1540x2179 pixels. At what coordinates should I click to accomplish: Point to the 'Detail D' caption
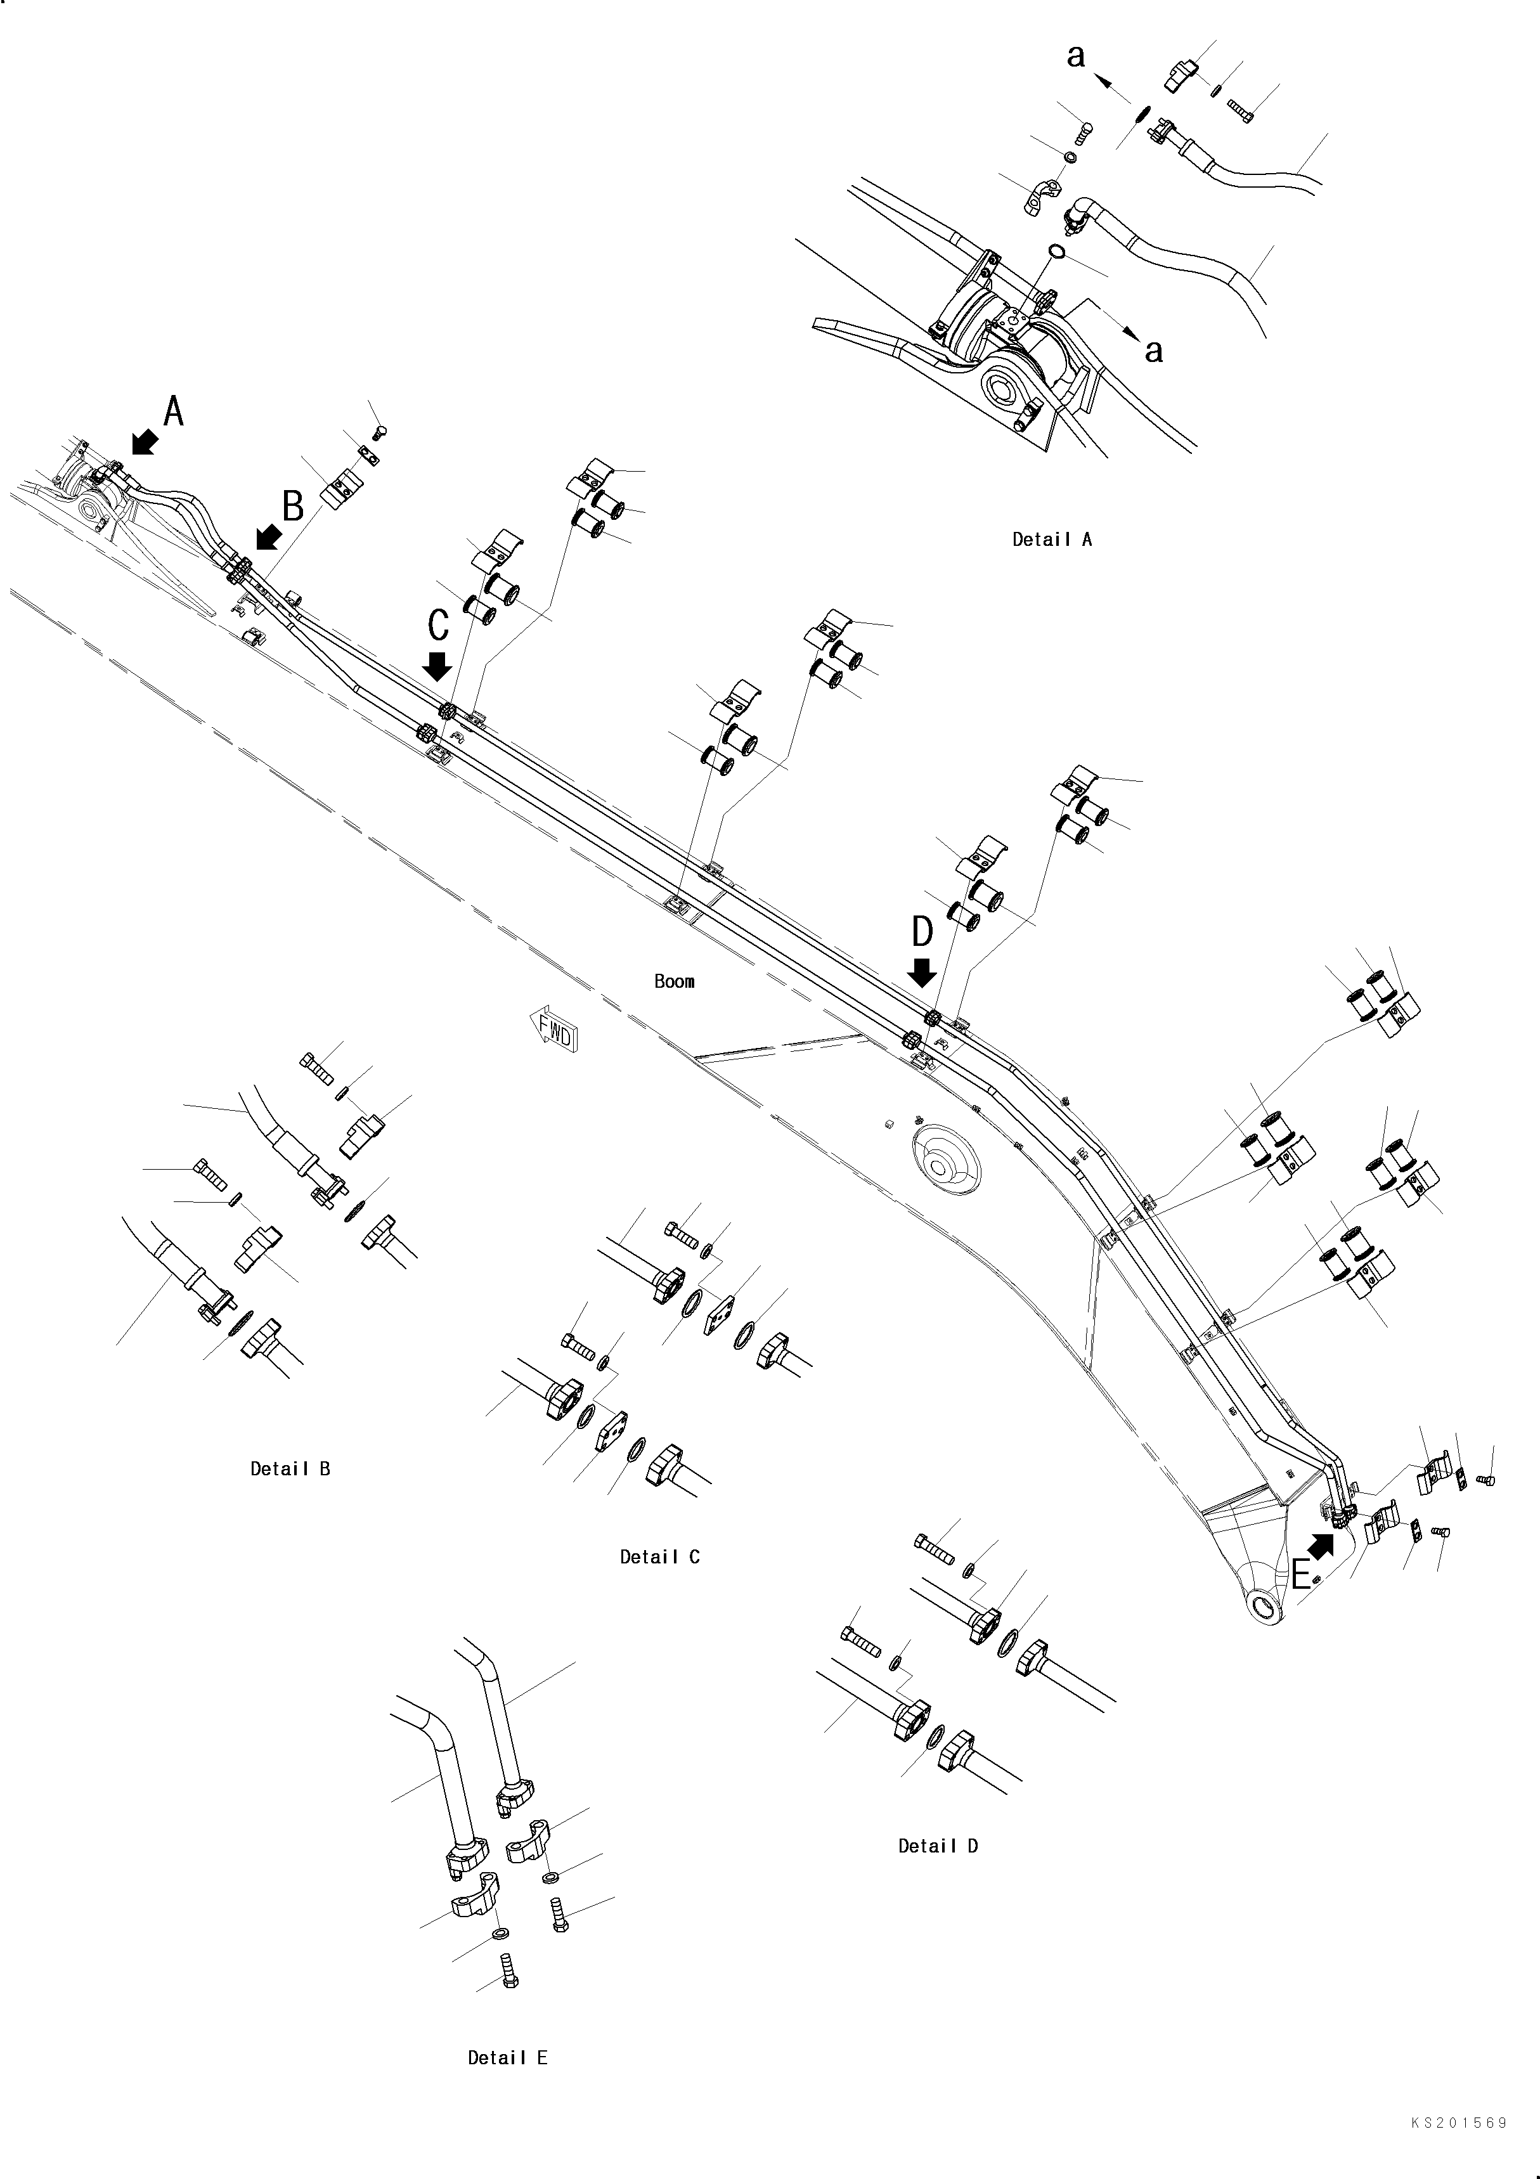pos(938,1846)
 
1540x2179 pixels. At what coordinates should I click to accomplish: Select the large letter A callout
pos(174,412)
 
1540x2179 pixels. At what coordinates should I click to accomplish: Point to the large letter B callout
pos(293,507)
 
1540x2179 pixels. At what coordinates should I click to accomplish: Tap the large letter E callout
pos(1302,1575)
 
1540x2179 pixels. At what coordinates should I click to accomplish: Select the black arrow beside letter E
pos(1322,1548)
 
